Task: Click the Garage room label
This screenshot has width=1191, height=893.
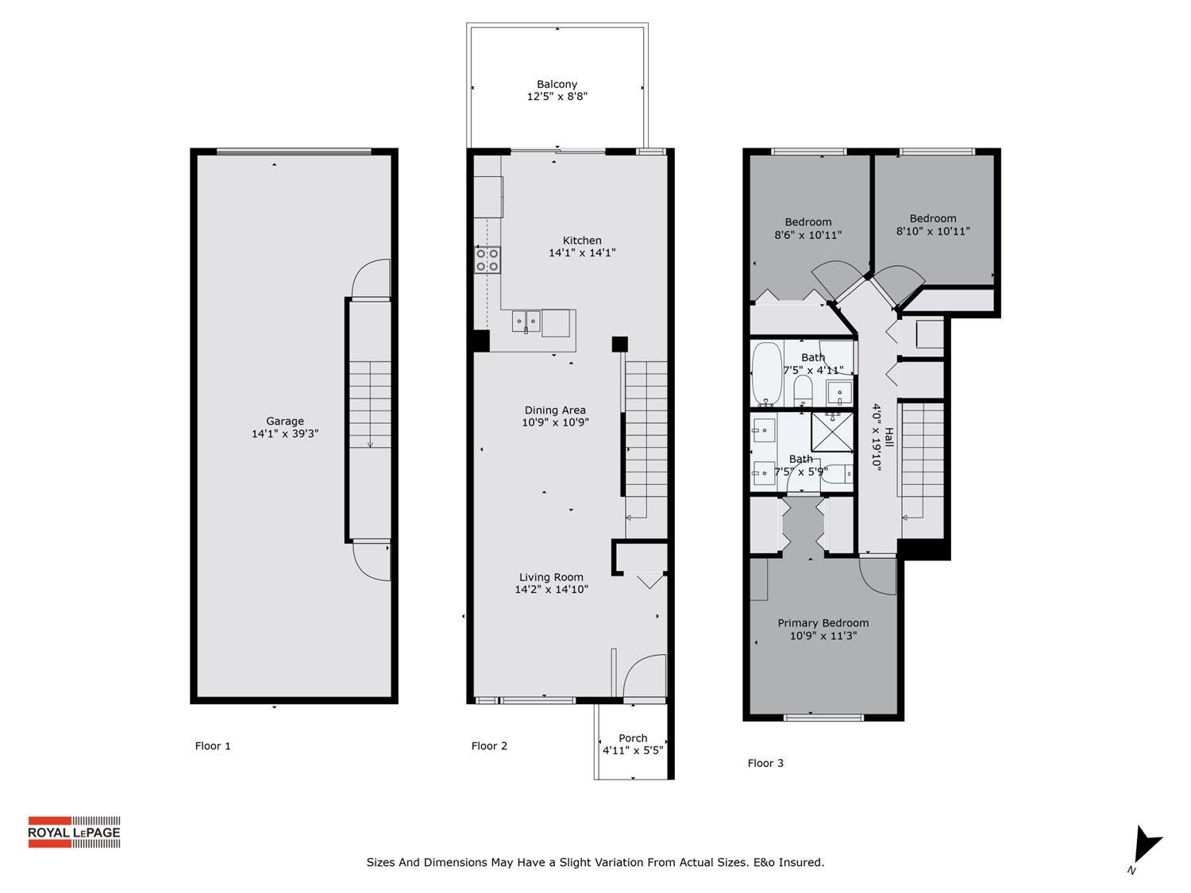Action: [284, 421]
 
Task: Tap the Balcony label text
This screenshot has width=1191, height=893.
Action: [557, 84]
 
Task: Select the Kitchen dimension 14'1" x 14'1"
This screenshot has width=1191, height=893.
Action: [582, 253]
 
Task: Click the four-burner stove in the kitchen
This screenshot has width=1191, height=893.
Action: [488, 260]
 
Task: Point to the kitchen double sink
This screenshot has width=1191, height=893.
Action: [526, 321]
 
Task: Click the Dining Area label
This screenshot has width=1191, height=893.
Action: [554, 410]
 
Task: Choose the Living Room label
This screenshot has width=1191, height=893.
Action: [551, 577]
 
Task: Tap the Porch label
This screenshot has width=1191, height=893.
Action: [633, 738]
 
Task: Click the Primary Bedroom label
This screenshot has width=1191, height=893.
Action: [823, 623]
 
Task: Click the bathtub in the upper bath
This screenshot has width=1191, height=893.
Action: [767, 373]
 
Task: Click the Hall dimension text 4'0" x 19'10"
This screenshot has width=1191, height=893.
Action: [877, 437]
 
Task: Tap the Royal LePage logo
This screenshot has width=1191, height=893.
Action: [74, 832]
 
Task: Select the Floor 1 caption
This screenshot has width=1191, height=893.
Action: [213, 746]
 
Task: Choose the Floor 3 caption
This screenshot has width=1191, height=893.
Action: [765, 764]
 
